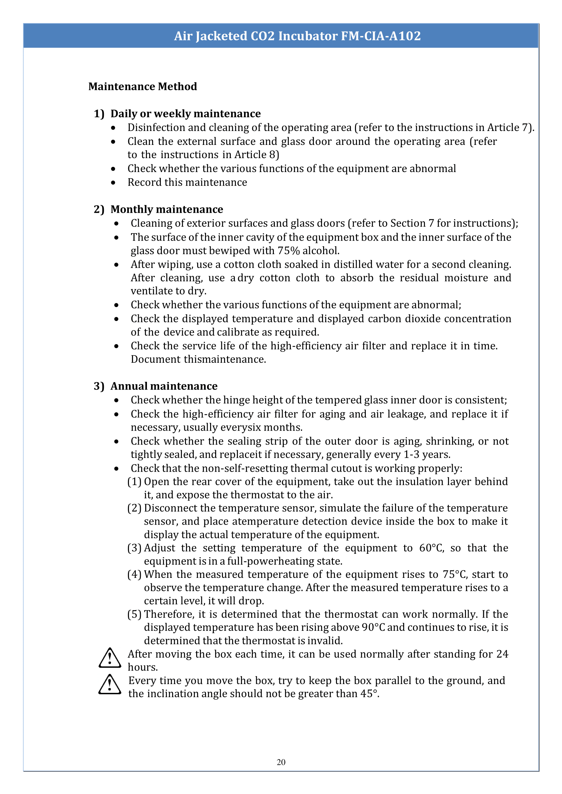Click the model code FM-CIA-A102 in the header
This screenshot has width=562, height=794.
[x=381, y=36]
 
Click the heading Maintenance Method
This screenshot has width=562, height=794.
[x=143, y=86]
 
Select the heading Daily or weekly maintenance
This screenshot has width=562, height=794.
[x=186, y=113]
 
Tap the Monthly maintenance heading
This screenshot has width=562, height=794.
[x=166, y=209]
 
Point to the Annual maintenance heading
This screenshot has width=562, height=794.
[x=164, y=386]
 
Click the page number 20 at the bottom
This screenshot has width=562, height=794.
[x=281, y=762]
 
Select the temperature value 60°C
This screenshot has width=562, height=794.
[x=431, y=548]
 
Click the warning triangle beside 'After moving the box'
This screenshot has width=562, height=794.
[x=110, y=658]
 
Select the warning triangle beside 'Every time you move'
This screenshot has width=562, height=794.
[x=110, y=685]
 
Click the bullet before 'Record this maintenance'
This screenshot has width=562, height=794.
[x=113, y=183]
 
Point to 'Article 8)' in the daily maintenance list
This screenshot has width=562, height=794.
[x=257, y=155]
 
